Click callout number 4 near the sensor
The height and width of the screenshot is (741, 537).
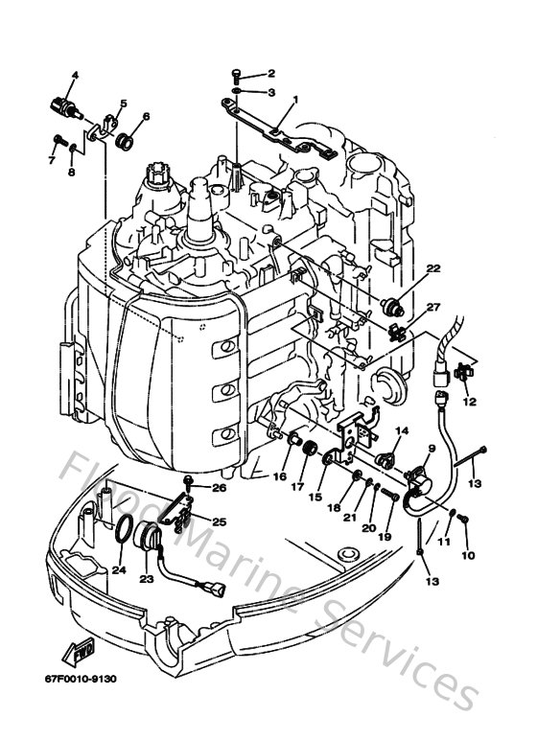coord(75,76)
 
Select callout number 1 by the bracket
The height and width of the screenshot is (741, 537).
coord(295,100)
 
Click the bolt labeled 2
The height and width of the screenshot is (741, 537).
coord(237,74)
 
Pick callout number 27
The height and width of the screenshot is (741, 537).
coord(433,307)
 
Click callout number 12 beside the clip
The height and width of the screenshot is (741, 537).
coord(470,403)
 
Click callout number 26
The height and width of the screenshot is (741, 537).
coord(220,487)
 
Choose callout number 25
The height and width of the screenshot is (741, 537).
coord(220,522)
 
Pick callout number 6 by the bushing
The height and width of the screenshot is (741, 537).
coord(146,117)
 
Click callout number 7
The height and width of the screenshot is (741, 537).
coord(54,160)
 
